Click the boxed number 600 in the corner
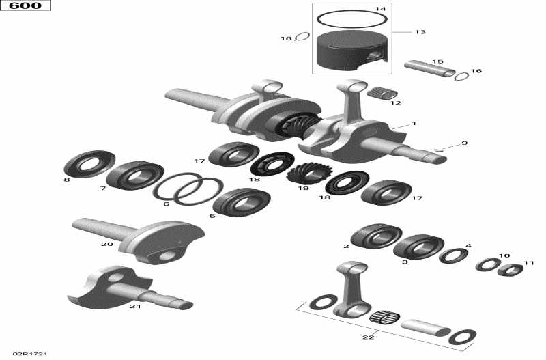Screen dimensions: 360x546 25,6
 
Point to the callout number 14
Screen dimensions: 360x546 380,9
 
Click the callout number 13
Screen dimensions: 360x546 420,32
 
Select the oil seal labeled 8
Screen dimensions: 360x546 85,165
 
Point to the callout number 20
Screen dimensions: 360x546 106,244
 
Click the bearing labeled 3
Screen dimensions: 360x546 417,246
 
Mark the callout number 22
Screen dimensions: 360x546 370,337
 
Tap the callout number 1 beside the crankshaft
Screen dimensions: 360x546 414,124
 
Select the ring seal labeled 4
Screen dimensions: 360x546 453,256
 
